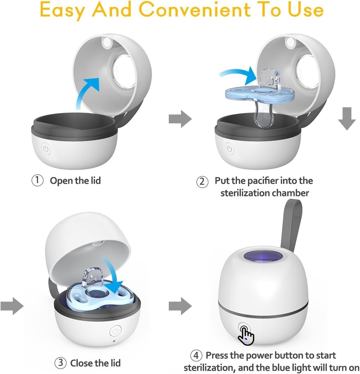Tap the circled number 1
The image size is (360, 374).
point(37,180)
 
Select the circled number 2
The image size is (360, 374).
point(202,182)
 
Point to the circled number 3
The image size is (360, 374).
point(61,363)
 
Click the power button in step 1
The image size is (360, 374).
point(46,149)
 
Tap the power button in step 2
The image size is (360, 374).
point(230,149)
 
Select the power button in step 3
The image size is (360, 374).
point(116,331)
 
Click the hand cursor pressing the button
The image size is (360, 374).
point(246,335)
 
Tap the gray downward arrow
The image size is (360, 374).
point(347,118)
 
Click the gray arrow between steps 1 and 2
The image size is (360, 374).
point(180,119)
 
